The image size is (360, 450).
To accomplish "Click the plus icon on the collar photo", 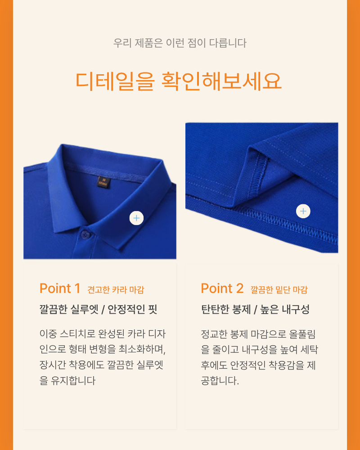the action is tap(136, 218).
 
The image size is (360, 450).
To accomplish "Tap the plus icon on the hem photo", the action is tap(303, 211).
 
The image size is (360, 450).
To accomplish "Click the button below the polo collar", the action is tap(85, 235).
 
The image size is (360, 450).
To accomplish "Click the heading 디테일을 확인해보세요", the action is tap(179, 81).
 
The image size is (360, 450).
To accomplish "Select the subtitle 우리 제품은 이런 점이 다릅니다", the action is tap(180, 43).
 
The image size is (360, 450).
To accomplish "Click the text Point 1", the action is tap(60, 288).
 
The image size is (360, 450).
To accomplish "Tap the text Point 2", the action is tap(222, 288).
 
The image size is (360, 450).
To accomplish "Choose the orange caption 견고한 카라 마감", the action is tap(116, 290).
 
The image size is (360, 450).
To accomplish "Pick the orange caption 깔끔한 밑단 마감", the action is tap(279, 290).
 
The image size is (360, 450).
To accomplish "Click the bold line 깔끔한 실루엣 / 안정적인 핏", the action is tap(99, 310).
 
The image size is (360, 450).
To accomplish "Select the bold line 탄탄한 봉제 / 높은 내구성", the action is tap(255, 310).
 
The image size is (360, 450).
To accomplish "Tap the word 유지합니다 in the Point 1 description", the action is tap(73, 381).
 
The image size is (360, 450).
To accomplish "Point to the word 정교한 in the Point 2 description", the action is tap(214, 334).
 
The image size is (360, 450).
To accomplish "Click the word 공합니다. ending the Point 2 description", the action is tap(220, 381).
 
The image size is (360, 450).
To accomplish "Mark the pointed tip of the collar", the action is tap(126, 248).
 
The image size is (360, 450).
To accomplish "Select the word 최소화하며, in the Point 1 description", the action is tap(142, 349).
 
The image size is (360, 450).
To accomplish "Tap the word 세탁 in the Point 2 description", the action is tap(309, 350).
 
